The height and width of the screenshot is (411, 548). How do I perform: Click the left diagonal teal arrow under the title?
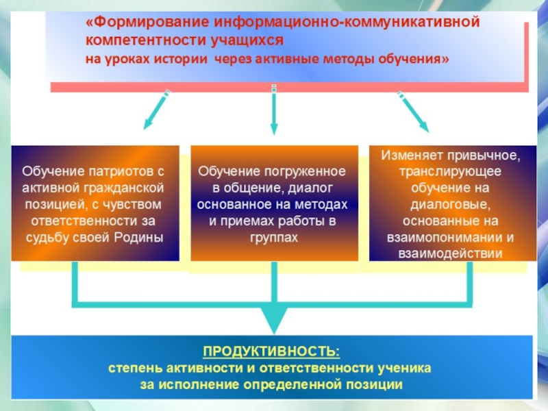[x=156, y=112]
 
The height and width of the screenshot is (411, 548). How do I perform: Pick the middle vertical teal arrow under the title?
[x=273, y=110]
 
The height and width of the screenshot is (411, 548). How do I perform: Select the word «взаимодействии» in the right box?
[x=451, y=254]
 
